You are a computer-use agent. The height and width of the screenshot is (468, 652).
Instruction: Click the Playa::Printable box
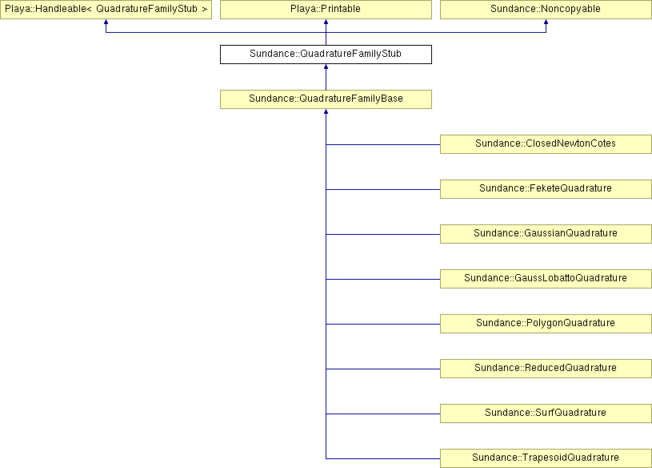point(326,9)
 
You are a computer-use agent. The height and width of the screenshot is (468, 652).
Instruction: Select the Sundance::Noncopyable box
point(546,9)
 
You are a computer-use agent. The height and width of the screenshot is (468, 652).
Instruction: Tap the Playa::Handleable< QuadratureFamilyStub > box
point(106,9)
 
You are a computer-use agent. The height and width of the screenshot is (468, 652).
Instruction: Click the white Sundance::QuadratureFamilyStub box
point(326,54)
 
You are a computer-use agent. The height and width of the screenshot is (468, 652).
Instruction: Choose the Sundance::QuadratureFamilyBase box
point(326,99)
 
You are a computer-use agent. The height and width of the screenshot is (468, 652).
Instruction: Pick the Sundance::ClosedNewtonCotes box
point(546,144)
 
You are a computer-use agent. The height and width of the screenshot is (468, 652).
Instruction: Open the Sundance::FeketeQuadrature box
point(546,189)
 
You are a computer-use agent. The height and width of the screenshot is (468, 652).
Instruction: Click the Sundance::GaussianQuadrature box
point(546,234)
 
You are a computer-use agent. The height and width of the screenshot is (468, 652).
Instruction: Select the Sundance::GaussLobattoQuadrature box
point(546,279)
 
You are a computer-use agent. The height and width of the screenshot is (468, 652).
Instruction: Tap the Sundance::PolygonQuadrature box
point(546,324)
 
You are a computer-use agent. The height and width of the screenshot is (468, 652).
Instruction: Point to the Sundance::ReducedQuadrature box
point(546,369)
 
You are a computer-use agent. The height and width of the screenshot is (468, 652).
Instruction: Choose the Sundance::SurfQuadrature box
point(546,414)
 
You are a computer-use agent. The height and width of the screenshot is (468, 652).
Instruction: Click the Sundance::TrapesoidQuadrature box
point(546,458)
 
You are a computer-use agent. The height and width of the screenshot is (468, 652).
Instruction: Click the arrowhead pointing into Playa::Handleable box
point(106,22)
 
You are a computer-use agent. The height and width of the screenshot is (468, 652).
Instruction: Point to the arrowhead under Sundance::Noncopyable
point(546,22)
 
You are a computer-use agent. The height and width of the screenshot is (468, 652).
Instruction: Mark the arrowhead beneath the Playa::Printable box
point(326,22)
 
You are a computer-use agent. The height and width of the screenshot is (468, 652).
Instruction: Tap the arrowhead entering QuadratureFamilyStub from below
point(326,67)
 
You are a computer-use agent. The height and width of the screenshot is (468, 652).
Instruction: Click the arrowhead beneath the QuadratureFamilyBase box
point(326,111)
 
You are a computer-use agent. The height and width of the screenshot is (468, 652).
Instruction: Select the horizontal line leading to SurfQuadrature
point(383,414)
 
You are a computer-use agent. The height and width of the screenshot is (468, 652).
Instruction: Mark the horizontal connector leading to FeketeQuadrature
point(383,189)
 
